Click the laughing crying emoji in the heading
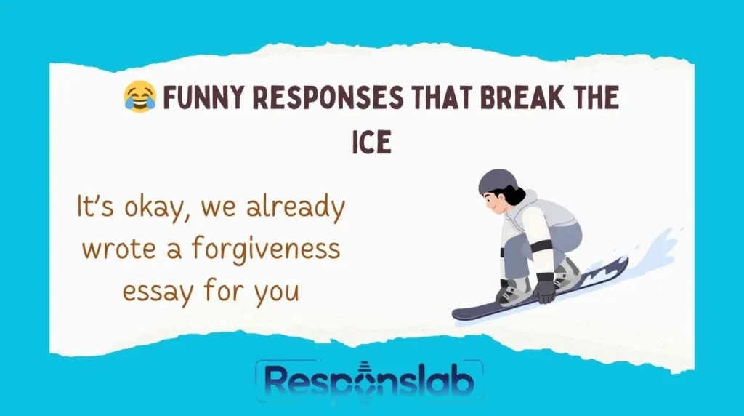coord(139,97)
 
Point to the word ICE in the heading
coord(371,142)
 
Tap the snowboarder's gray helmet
coord(498,181)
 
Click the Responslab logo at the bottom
coord(369,380)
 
